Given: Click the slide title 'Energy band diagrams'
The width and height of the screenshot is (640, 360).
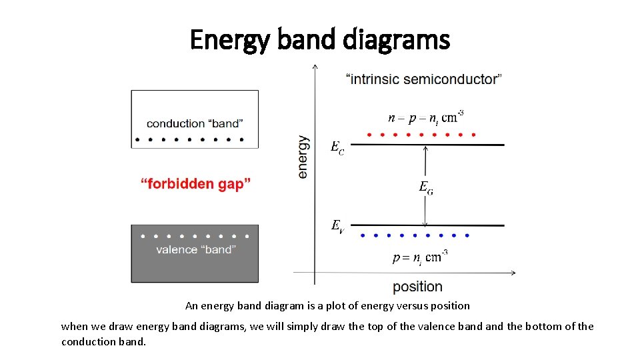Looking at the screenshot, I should [x=320, y=40].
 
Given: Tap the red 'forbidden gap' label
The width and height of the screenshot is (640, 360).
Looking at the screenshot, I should [x=196, y=184].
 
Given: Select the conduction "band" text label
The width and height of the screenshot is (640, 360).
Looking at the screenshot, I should [x=195, y=123].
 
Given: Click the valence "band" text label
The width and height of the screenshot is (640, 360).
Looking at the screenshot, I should [x=195, y=250].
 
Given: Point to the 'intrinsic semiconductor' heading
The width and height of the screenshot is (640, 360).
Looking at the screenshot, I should [x=425, y=79].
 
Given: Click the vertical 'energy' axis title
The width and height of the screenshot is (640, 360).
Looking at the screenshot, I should [x=303, y=157].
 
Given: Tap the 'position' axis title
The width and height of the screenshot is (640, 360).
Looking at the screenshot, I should [x=417, y=287].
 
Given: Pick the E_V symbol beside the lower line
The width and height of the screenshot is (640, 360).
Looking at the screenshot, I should [x=338, y=226].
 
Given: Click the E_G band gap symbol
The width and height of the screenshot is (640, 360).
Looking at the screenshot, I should [x=426, y=187].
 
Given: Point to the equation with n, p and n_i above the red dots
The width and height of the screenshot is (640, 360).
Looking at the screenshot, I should [x=426, y=117].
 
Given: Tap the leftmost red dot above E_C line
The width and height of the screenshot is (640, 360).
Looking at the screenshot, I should [x=369, y=135].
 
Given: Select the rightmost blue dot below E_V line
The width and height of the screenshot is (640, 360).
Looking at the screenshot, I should [x=467, y=235].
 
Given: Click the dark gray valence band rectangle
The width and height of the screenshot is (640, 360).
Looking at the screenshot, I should [x=195, y=267].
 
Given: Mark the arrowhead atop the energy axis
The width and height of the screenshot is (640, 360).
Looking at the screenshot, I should [x=315, y=66].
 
